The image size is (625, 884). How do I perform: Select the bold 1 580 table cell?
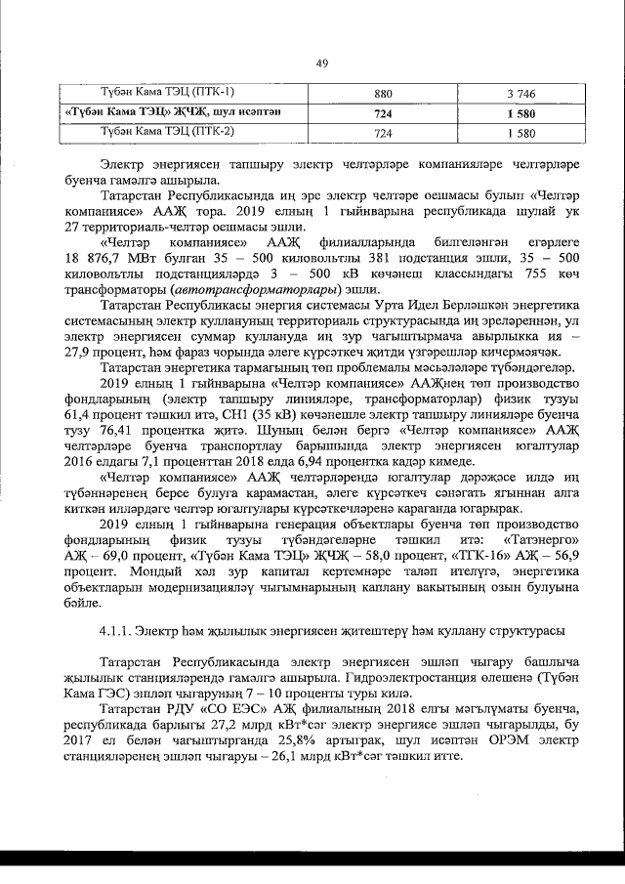[x=523, y=113]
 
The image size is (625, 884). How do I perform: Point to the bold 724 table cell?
[x=383, y=113]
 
